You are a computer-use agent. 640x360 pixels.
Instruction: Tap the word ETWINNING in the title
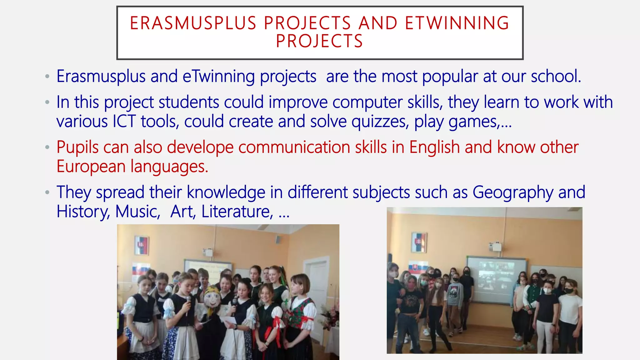457,23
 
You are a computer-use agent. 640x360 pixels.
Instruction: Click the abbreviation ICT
124,122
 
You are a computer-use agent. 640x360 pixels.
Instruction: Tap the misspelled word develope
200,147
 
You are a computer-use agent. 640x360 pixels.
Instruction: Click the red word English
434,147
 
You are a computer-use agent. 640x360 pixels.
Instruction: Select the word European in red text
91,167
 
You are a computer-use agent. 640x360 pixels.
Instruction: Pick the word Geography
512,192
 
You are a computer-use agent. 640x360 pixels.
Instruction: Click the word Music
137,212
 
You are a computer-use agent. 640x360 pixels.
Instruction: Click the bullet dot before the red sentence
47,147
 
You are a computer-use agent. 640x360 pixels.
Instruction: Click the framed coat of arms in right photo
418,242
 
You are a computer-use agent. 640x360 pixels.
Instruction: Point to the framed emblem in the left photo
142,245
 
